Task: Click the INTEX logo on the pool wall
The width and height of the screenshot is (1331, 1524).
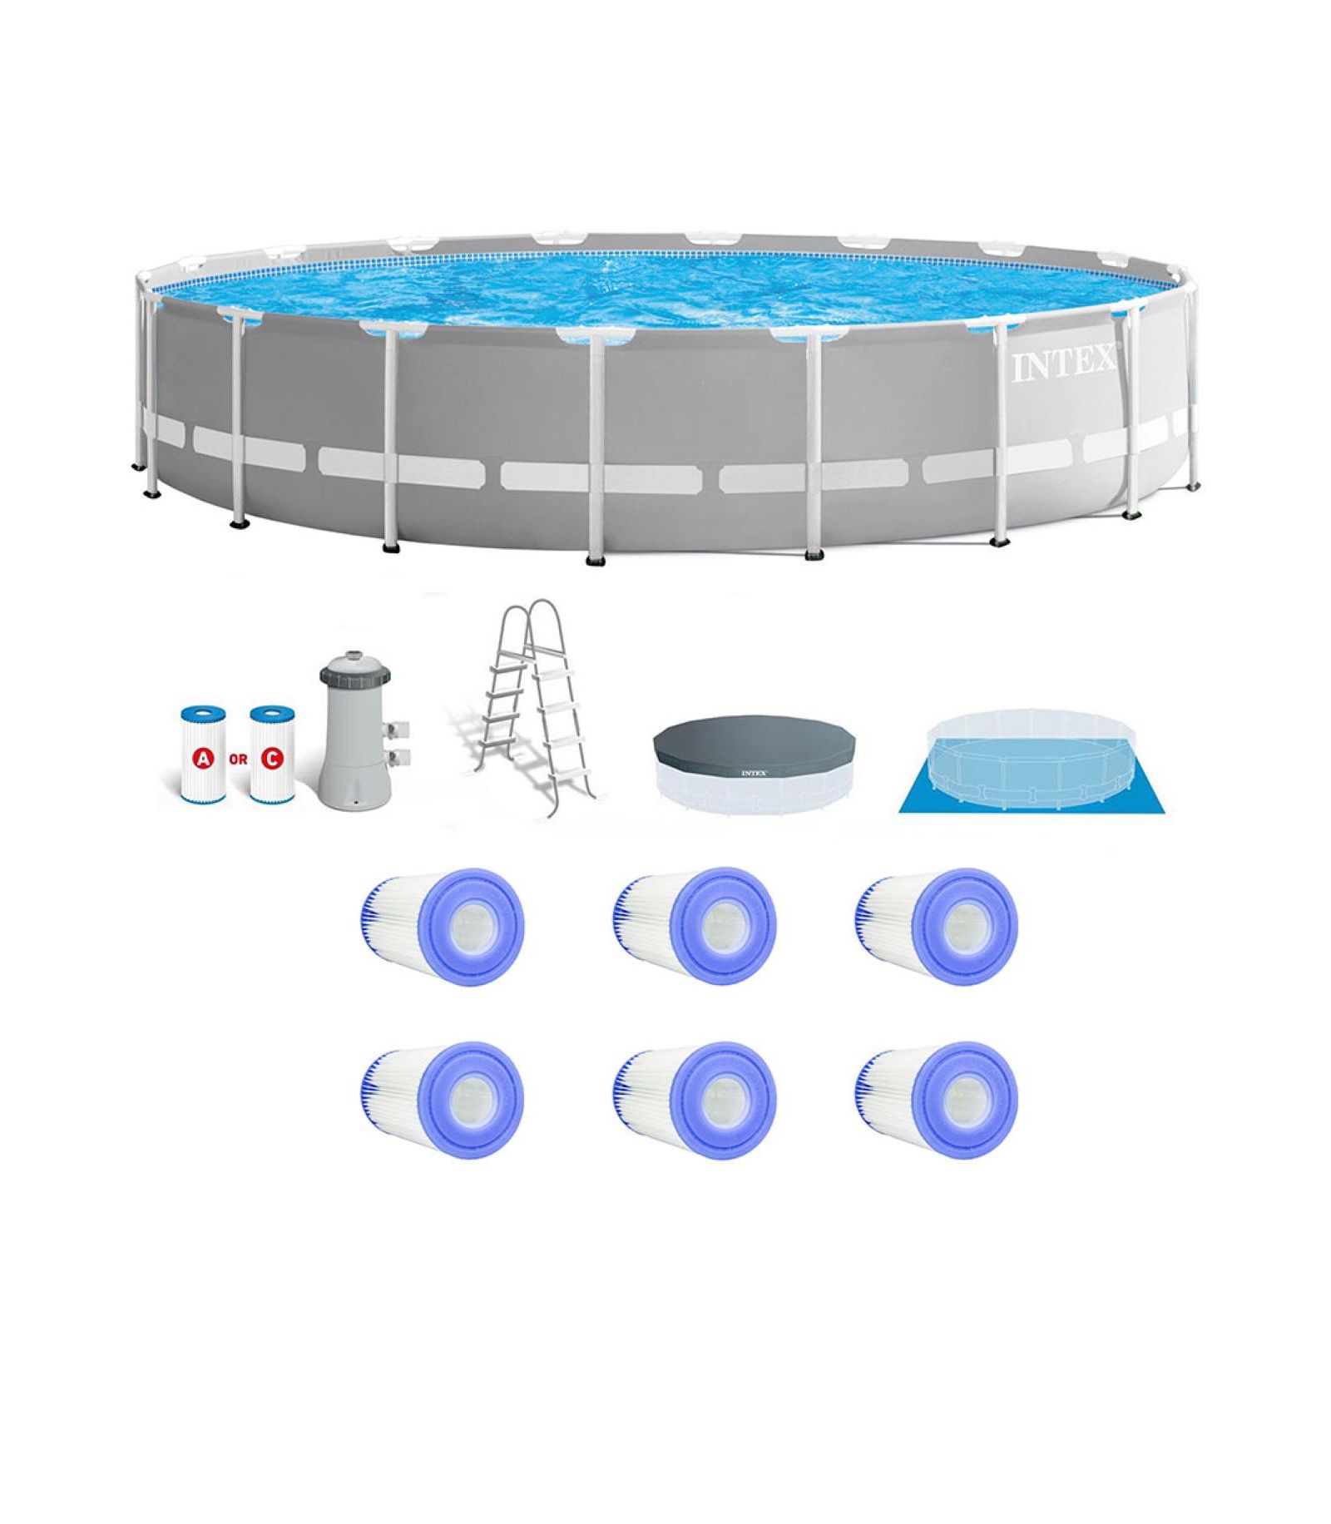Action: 1064,364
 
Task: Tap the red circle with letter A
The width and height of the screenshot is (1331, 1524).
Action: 202,759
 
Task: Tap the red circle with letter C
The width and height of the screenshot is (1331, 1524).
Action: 271,759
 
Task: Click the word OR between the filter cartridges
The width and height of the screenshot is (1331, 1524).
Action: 237,760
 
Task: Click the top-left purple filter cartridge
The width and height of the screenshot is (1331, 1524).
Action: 443,927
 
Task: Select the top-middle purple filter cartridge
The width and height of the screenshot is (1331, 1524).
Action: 694,927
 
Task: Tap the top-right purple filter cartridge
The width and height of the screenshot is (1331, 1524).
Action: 936,927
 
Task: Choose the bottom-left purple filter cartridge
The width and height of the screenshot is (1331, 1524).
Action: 443,1101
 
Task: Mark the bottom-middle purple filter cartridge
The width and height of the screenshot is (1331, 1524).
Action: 694,1101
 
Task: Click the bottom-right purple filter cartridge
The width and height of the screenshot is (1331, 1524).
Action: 936,1101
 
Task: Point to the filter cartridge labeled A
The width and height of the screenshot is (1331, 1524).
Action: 202,755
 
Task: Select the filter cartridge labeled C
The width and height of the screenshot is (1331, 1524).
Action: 272,755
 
